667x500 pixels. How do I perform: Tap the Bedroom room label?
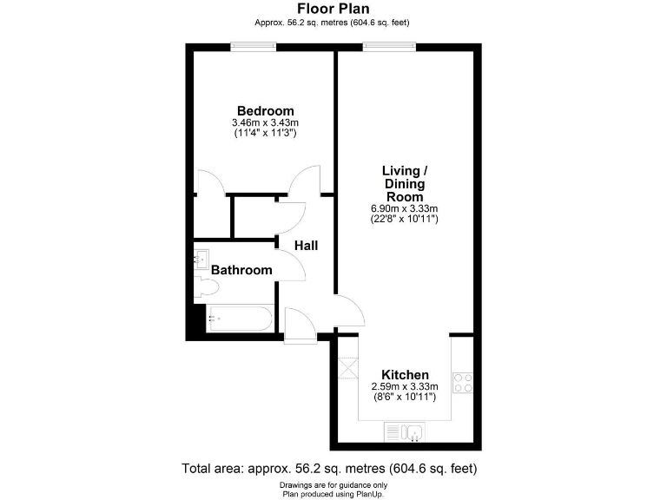pyautogui.click(x=266, y=111)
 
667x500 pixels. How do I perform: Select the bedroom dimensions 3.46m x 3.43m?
pyautogui.click(x=266, y=123)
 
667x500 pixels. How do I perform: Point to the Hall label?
pyautogui.click(x=306, y=246)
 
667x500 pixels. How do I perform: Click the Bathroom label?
pyautogui.click(x=242, y=270)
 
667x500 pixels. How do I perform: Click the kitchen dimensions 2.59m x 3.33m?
pyautogui.click(x=405, y=386)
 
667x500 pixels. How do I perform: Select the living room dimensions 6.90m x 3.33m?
pyautogui.click(x=404, y=208)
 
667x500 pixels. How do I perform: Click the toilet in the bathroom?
pyautogui.click(x=205, y=286)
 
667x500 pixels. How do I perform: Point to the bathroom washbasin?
pyautogui.click(x=201, y=257)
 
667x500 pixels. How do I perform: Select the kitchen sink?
pyautogui.click(x=404, y=431)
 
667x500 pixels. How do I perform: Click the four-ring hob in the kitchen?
pyautogui.click(x=464, y=383)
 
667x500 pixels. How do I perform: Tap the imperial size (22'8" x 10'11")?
pyautogui.click(x=404, y=220)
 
